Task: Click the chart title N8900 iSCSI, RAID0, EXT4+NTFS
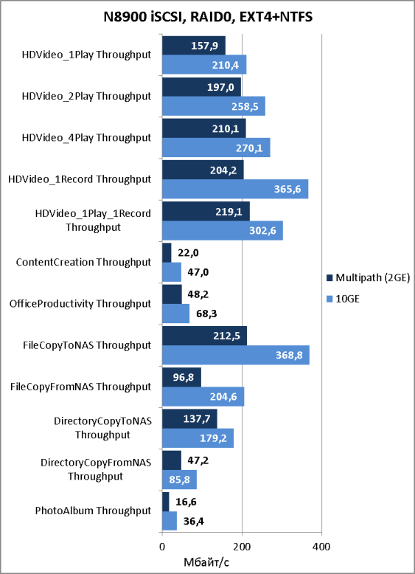click(x=207, y=17)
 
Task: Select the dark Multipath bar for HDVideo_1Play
click(x=194, y=46)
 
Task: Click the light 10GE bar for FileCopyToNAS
click(x=236, y=355)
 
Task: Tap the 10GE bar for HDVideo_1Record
click(x=235, y=189)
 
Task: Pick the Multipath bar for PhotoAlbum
click(x=166, y=502)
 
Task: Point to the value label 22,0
click(x=188, y=253)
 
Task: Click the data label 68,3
click(x=206, y=314)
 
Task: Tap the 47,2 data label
click(x=198, y=460)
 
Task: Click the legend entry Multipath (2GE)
click(x=369, y=278)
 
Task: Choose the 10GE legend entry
click(x=343, y=299)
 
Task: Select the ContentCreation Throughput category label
click(x=84, y=263)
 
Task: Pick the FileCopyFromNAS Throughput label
click(x=81, y=387)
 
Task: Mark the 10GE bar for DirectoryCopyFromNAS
click(x=180, y=479)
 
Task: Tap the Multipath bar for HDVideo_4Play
click(x=204, y=128)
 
